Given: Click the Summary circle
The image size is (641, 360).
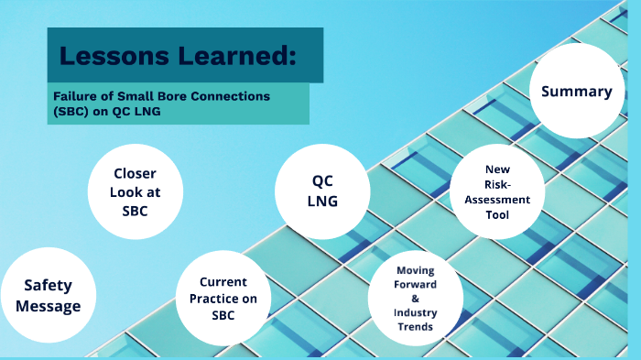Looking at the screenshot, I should [x=576, y=92].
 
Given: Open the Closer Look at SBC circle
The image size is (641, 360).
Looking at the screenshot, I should [x=135, y=192].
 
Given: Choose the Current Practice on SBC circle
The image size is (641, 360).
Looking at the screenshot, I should [x=223, y=298].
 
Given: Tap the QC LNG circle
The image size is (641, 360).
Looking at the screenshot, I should [x=321, y=190].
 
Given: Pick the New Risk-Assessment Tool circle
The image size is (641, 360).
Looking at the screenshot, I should [x=498, y=192].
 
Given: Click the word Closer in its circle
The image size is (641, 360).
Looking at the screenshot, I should [x=135, y=173].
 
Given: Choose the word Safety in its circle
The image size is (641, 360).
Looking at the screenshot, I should [x=48, y=286].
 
